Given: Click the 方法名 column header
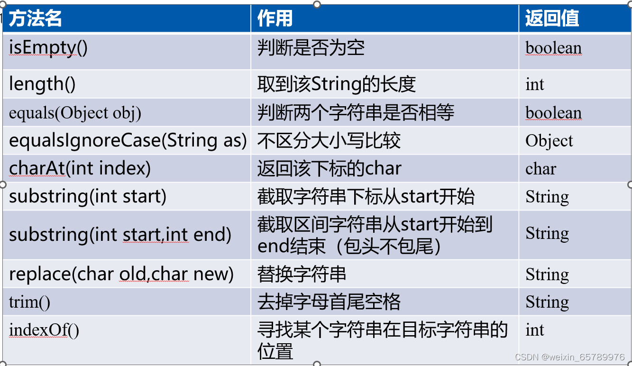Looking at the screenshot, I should click(x=36, y=19).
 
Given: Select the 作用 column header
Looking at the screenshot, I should click(x=275, y=19).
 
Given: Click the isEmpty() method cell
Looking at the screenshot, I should click(x=48, y=48).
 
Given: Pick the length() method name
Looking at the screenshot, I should click(x=42, y=84).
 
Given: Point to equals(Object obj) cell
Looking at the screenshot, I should click(x=75, y=113).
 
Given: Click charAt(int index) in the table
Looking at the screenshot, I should click(x=80, y=168).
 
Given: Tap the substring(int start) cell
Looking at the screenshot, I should click(x=88, y=196).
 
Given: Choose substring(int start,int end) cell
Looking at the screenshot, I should click(x=120, y=235).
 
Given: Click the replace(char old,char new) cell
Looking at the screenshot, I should click(x=121, y=274).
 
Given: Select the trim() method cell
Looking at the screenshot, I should click(x=29, y=302).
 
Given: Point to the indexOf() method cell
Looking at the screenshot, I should click(x=44, y=330).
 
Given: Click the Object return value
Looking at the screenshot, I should click(x=549, y=141).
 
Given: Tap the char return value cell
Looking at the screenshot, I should click(x=540, y=169).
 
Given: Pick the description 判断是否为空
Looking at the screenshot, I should click(x=311, y=48).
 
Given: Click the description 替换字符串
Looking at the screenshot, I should click(x=302, y=274).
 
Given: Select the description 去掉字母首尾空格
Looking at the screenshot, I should click(x=329, y=302).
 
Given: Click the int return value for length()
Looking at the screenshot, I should click(x=535, y=84).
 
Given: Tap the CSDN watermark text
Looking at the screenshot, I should click(x=569, y=357).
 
